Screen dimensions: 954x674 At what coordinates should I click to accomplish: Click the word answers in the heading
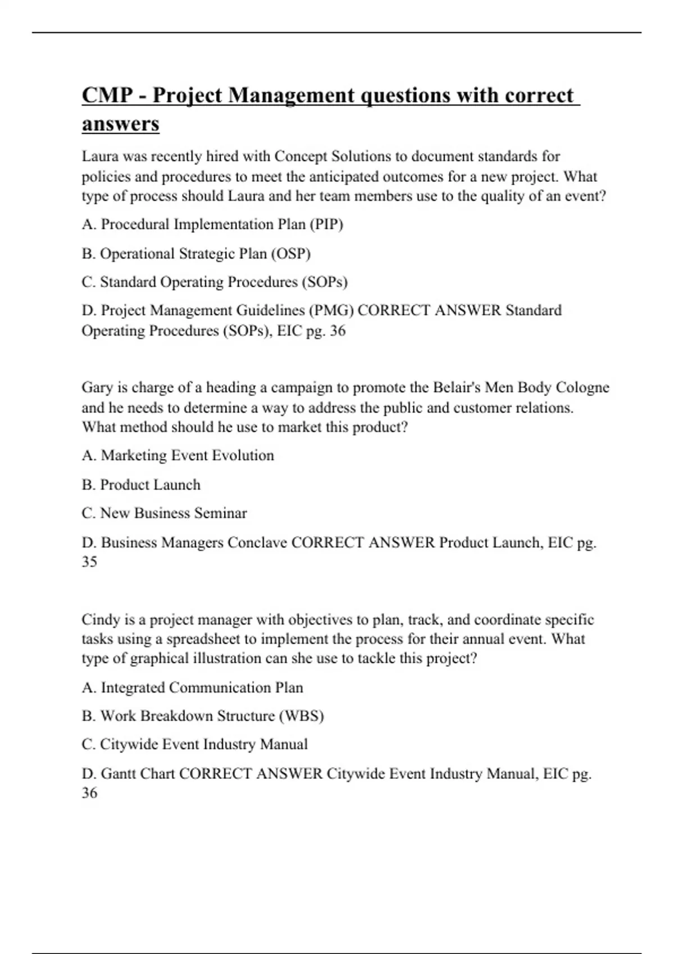tap(120, 123)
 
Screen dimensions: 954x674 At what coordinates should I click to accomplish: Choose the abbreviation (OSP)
tap(291, 254)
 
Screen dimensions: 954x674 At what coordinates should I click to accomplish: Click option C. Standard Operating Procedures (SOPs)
tap(215, 282)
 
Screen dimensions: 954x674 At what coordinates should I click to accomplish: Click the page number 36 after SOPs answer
tap(338, 331)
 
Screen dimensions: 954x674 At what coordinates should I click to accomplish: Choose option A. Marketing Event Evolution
tap(177, 456)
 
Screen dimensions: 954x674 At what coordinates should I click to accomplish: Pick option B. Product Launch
tap(141, 485)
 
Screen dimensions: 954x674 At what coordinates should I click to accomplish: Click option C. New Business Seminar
tap(164, 513)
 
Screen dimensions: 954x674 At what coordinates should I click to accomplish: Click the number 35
tap(89, 562)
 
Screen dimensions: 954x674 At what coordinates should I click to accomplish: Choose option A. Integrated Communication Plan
tap(192, 687)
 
